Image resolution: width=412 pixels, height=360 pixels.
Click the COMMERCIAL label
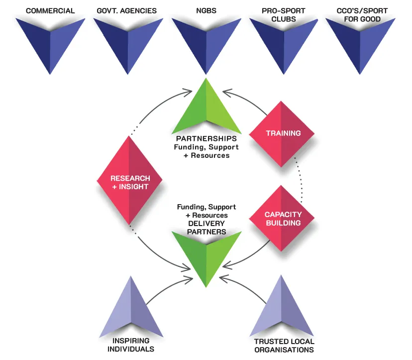click(50, 10)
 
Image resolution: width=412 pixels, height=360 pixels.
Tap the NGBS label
click(206, 10)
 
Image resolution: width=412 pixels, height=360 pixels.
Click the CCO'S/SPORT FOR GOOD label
click(360, 14)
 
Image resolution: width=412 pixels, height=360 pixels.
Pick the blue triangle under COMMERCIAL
click(50, 40)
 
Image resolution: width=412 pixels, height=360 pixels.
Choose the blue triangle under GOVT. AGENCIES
click(128, 40)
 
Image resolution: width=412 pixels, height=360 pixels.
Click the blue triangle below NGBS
click(206, 40)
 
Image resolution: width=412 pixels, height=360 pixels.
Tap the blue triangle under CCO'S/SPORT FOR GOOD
click(360, 40)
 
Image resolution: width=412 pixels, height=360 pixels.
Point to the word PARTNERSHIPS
click(206, 138)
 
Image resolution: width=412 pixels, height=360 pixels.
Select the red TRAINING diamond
click(282, 133)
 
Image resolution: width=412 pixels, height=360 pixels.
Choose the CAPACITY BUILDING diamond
click(282, 218)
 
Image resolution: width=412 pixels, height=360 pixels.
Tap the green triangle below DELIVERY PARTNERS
click(206, 256)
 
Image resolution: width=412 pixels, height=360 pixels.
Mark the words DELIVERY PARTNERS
click(206, 228)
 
